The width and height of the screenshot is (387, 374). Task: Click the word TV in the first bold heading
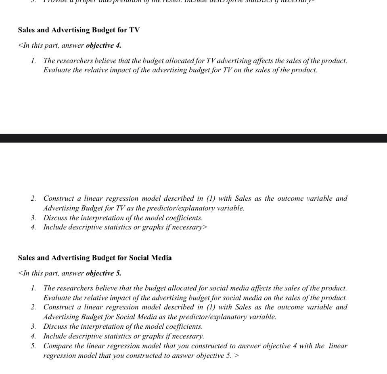pyautogui.click(x=134, y=30)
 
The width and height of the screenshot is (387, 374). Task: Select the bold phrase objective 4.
pyautogui.click(x=103, y=45)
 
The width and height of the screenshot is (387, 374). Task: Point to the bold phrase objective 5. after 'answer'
pyautogui.click(x=103, y=273)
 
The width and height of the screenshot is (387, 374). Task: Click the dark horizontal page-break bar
pyautogui.click(x=193, y=138)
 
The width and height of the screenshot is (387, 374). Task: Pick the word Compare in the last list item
pyautogui.click(x=56, y=346)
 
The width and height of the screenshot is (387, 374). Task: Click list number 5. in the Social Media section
pyautogui.click(x=33, y=346)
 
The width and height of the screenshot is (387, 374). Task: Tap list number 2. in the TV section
pyautogui.click(x=33, y=198)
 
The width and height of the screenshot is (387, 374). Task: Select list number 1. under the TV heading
pyautogui.click(x=33, y=61)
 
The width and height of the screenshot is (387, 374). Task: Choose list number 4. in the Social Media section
pyautogui.click(x=33, y=336)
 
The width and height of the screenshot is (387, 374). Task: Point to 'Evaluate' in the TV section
pyautogui.click(x=56, y=70)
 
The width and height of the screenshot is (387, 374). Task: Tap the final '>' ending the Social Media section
pyautogui.click(x=236, y=355)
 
